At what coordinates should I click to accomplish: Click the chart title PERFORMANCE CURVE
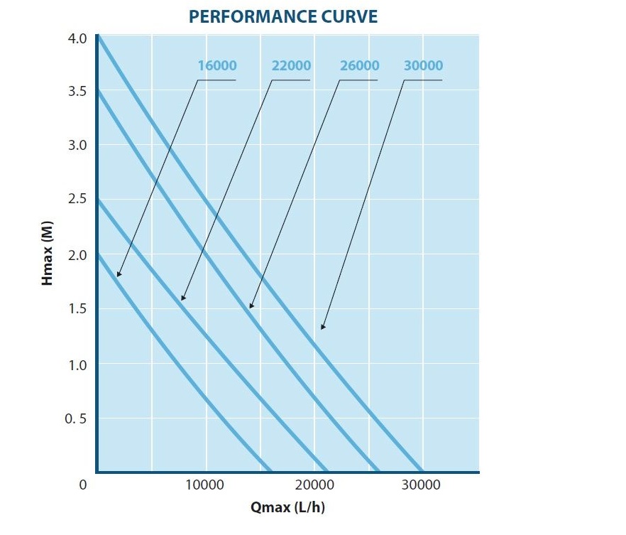pos(283,17)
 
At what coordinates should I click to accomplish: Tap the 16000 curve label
pos(217,66)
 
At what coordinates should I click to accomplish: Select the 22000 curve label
pos(291,66)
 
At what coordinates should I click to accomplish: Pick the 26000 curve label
pos(359,66)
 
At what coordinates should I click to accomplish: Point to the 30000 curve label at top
pos(423,66)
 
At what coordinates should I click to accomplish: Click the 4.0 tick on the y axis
pos(77,37)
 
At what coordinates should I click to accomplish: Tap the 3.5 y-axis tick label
pos(77,92)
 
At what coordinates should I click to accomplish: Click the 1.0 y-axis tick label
pos(77,364)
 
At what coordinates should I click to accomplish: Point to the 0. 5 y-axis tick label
pos(75,418)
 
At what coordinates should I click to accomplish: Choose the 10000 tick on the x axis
pos(205,485)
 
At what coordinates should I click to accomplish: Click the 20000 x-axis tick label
pos(314,485)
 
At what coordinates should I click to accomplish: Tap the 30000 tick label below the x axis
pos(422,485)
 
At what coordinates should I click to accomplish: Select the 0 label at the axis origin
pos(83,485)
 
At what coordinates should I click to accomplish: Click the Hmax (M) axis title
pos(48,254)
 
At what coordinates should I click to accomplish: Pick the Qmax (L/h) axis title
pos(287,507)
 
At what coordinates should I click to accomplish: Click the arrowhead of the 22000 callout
pos(182,298)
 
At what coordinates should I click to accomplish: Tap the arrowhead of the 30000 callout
pos(322,328)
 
